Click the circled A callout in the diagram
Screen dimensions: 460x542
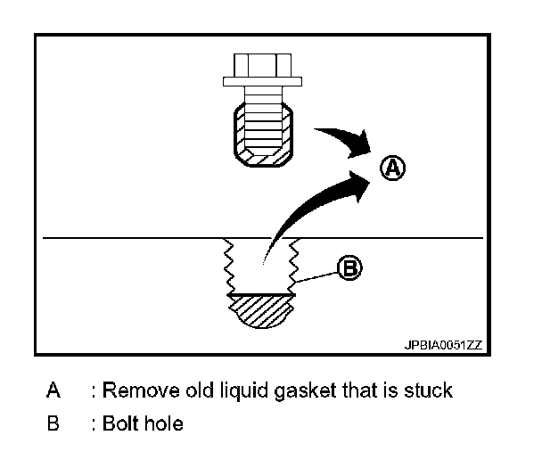click(x=392, y=167)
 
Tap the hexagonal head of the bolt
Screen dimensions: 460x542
click(x=262, y=66)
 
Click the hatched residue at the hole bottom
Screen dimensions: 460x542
click(x=261, y=311)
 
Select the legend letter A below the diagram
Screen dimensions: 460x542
click(x=54, y=390)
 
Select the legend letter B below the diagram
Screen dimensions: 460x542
click(x=54, y=423)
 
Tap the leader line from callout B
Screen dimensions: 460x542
click(x=316, y=275)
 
